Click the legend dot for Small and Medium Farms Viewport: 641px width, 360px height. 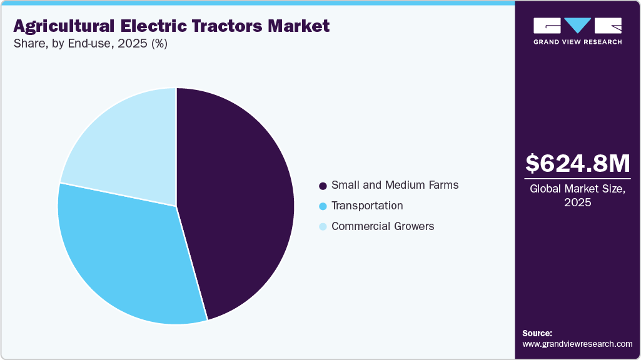tap(323, 186)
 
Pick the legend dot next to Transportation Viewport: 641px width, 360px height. tap(323, 206)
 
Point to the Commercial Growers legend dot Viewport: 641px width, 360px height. tap(323, 227)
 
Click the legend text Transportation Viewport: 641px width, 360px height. tap(367, 206)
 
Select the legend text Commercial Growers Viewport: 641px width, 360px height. tap(383, 226)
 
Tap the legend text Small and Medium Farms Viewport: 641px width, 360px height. tap(395, 185)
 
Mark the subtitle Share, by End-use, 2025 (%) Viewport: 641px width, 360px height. tap(90, 44)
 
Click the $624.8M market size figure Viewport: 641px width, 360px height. tap(577, 164)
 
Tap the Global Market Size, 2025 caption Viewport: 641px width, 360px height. tap(577, 195)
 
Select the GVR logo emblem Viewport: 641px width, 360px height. tap(577, 26)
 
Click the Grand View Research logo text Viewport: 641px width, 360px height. tap(577, 42)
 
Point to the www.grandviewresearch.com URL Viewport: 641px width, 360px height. tap(577, 344)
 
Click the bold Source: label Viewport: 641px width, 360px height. tap(537, 333)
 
